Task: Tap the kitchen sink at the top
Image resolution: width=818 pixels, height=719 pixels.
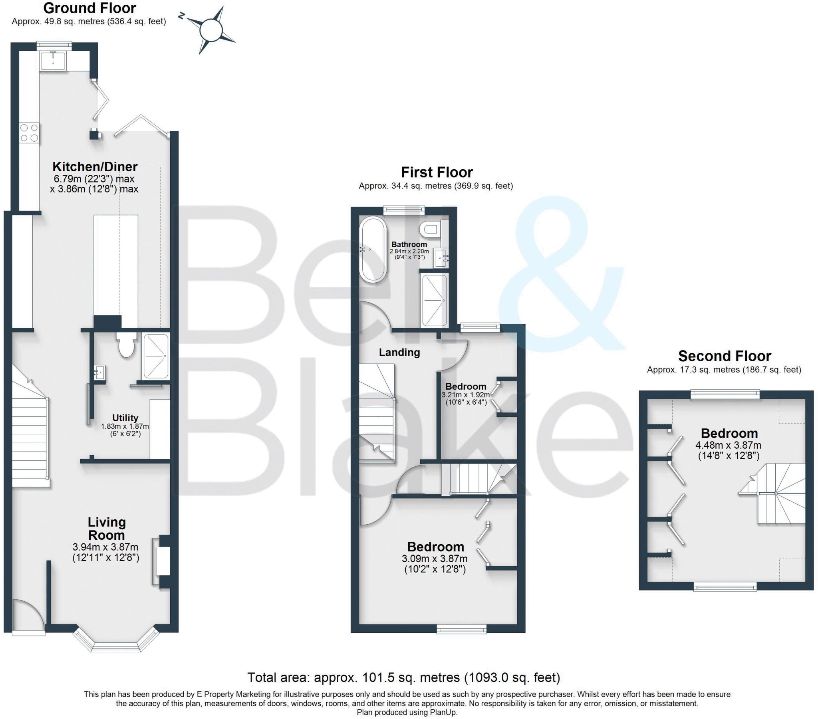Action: click(x=53, y=60)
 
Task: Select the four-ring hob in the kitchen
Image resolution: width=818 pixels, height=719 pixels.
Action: click(x=29, y=133)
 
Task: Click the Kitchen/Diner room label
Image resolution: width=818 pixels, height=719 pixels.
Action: click(x=95, y=166)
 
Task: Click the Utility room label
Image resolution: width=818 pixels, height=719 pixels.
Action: click(x=125, y=418)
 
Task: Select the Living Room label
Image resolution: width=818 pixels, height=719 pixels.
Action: click(x=107, y=528)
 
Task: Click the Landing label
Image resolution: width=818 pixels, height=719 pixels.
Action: click(x=399, y=353)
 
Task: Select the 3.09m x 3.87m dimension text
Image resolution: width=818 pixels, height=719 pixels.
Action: click(x=435, y=559)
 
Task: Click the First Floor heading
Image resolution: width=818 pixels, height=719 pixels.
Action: click(x=437, y=172)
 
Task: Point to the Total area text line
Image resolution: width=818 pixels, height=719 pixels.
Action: click(x=403, y=677)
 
